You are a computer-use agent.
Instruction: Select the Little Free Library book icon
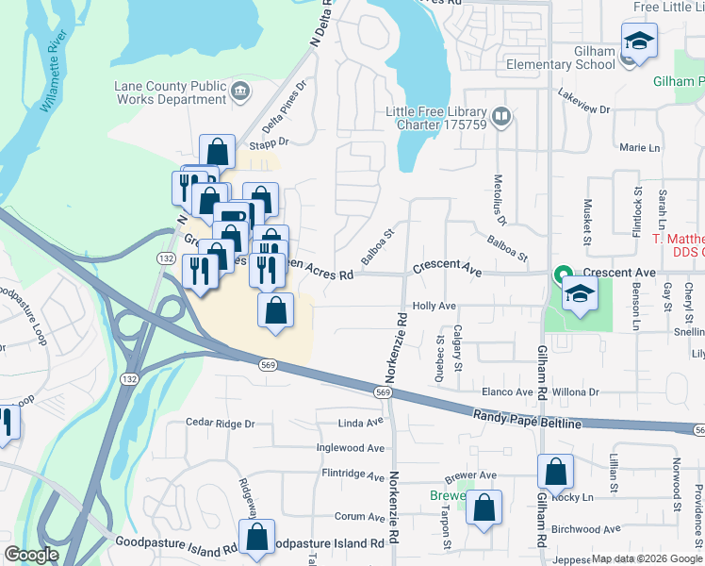pos(501,118)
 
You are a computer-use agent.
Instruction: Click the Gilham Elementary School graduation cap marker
pos(639,42)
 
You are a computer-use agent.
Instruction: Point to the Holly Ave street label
pos(434,307)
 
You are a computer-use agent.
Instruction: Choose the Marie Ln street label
pos(640,148)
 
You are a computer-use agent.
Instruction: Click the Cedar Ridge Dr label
pos(220,424)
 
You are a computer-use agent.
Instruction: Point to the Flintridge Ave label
pos(353,476)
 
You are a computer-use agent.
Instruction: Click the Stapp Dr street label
pos(268,141)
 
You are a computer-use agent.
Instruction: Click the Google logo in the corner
pos(31,556)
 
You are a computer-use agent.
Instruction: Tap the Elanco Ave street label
pos(507,391)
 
